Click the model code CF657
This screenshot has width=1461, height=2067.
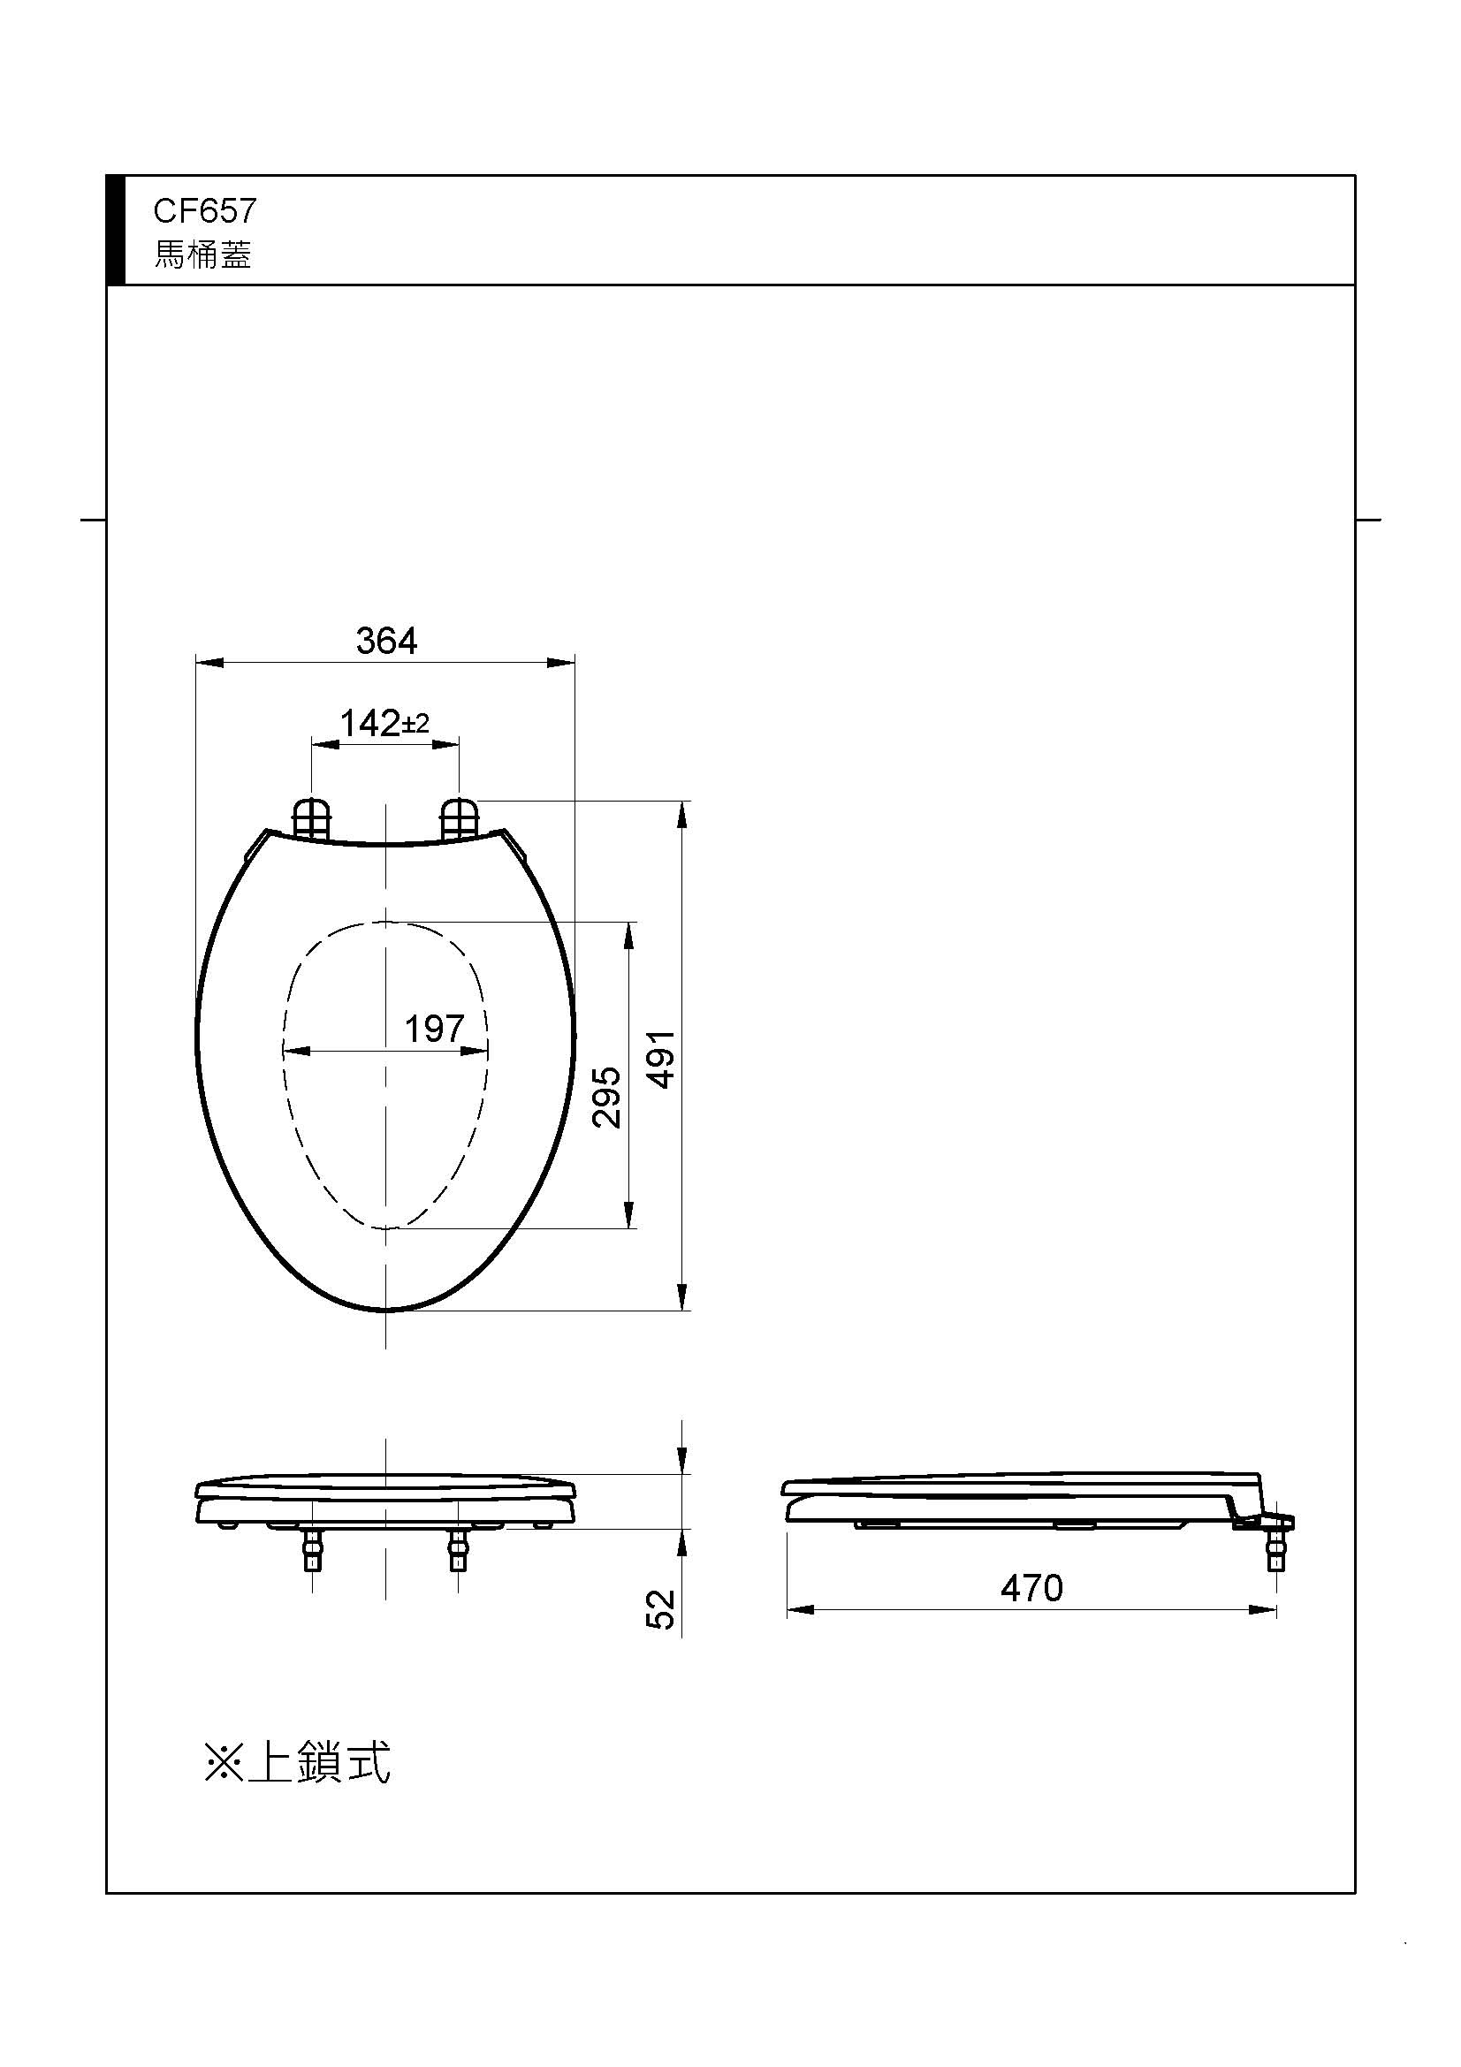tap(204, 210)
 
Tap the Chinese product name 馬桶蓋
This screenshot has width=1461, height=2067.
tap(202, 255)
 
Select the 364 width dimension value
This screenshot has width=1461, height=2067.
tap(386, 641)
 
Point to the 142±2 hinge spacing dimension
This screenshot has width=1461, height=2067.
tap(384, 723)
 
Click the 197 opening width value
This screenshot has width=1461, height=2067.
tap(434, 1028)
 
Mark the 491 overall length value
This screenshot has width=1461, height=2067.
tap(663, 1060)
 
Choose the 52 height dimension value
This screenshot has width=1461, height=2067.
tap(661, 1608)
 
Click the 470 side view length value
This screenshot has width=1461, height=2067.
tap(1031, 1588)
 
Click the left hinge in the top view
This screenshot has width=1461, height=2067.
tap(312, 818)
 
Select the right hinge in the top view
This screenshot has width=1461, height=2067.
tap(458, 818)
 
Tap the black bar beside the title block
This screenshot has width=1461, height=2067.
tap(115, 231)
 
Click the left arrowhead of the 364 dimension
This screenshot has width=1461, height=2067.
tap(208, 663)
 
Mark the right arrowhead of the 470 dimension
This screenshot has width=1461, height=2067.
tap(1264, 1609)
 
